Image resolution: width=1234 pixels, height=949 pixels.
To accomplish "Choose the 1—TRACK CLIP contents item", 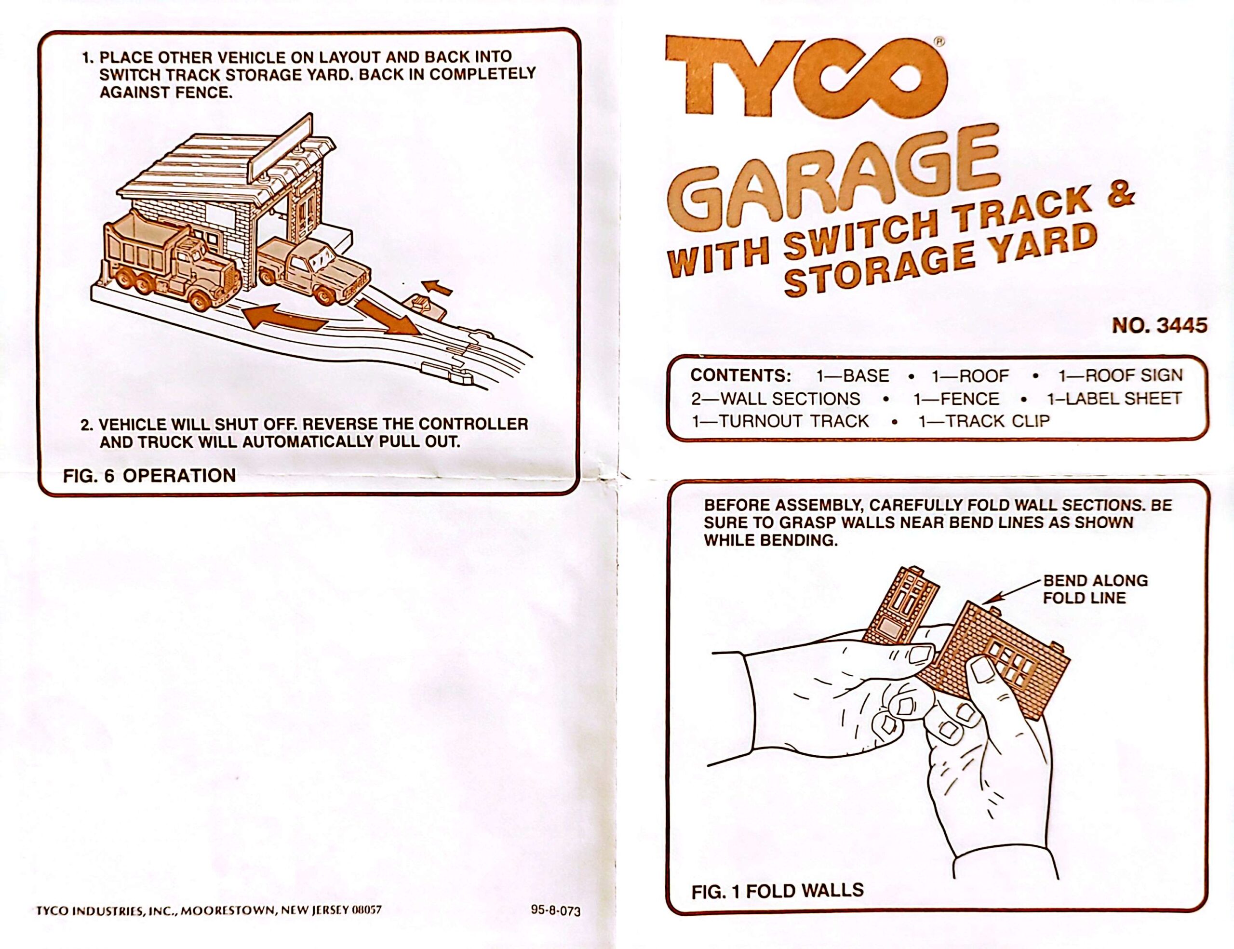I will [x=984, y=421].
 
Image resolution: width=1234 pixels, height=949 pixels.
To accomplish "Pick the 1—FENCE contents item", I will [x=956, y=399].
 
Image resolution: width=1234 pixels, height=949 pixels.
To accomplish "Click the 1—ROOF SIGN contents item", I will [x=1120, y=375].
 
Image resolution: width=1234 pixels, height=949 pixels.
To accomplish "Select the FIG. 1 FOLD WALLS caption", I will [x=777, y=891].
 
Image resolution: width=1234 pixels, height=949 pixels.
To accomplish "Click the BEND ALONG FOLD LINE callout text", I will [x=1094, y=589].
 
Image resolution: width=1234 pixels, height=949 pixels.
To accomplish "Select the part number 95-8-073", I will [x=555, y=910].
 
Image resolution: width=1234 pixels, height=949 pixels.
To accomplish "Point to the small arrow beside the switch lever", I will [x=438, y=288].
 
